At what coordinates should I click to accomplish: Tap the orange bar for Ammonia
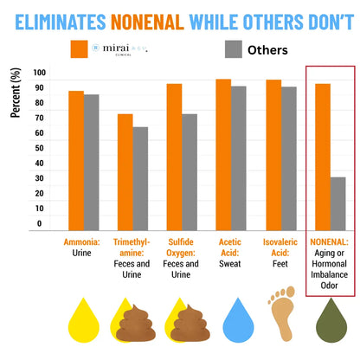pyautogui.click(x=77, y=160)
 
